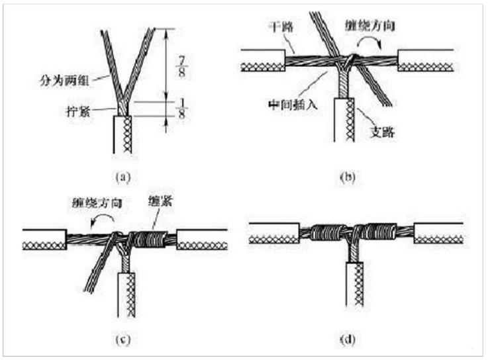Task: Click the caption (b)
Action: (349, 176)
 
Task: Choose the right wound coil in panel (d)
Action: (377, 234)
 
